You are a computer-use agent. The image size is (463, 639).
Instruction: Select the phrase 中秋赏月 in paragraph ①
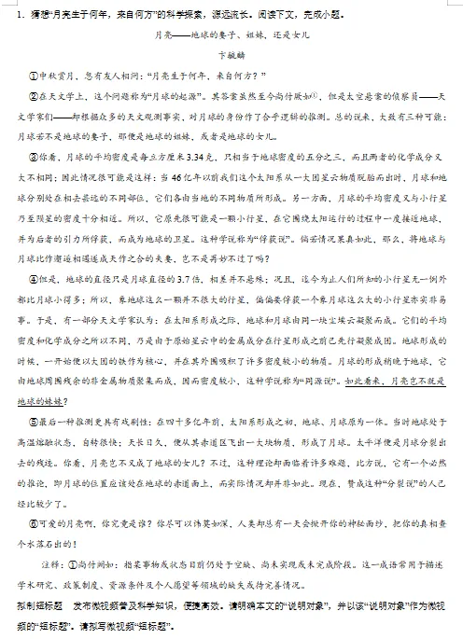56,76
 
